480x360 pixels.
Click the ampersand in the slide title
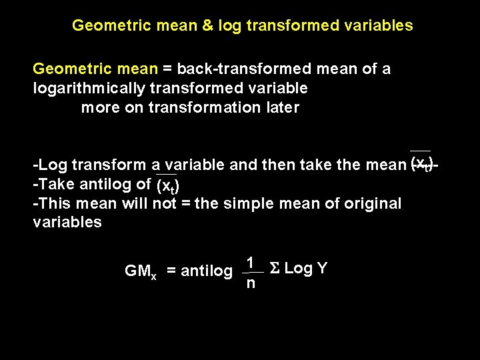click(x=207, y=26)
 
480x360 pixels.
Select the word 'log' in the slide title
click(x=231, y=26)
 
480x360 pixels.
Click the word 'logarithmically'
click(x=89, y=88)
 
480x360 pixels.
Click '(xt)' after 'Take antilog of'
click(x=167, y=185)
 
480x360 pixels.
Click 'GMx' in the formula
click(x=141, y=271)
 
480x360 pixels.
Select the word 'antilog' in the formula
click(x=207, y=271)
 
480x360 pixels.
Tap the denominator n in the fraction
click(x=249, y=283)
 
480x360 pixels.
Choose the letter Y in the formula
click(x=323, y=268)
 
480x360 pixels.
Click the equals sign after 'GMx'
click(x=171, y=271)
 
